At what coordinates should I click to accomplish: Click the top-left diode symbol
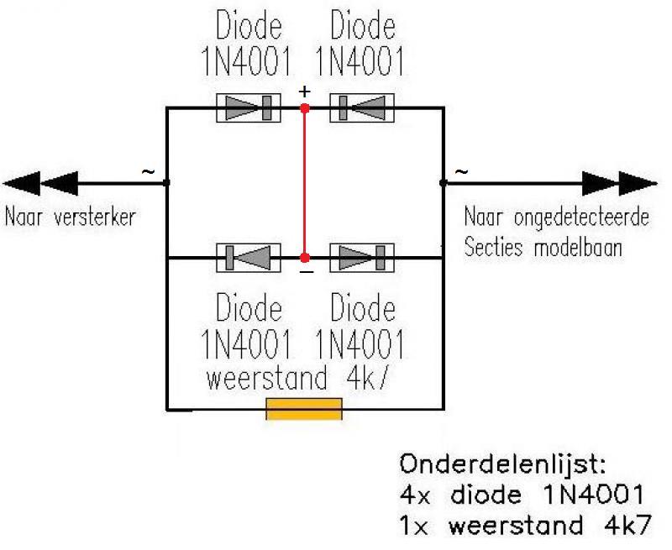point(249,108)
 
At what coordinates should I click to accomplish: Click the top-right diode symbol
point(362,108)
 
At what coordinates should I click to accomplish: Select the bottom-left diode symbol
point(249,258)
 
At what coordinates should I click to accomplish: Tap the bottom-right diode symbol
point(362,258)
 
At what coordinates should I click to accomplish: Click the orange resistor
point(304,409)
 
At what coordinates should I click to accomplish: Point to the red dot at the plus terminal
point(305,108)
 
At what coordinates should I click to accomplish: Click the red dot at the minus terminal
point(305,258)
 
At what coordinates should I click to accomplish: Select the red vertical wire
point(305,183)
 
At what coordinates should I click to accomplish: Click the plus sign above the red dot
point(304,92)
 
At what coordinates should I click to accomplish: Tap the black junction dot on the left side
point(166,183)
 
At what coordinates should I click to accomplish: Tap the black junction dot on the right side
point(444,183)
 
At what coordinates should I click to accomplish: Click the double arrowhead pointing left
point(40,183)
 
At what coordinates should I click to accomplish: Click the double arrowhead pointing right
point(620,183)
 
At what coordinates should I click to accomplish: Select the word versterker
point(95,217)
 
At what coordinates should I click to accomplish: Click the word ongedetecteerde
point(581,218)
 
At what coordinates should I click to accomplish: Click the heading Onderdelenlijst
point(502,465)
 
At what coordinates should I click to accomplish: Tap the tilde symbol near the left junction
point(148,172)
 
